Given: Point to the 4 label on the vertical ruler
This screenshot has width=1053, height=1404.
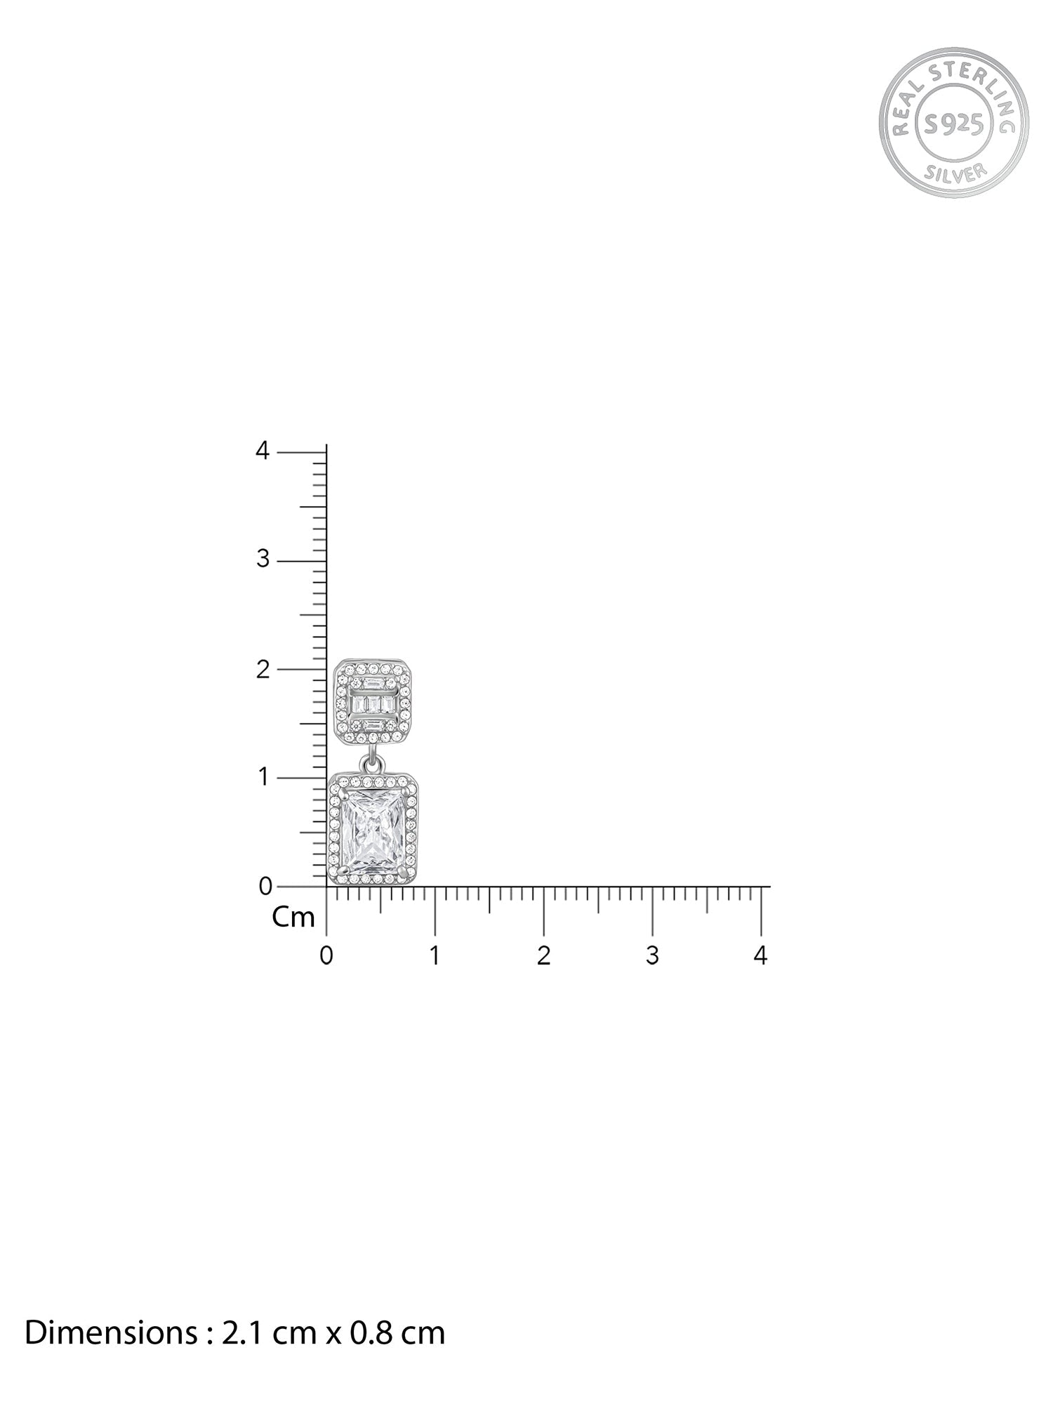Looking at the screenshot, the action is [263, 451].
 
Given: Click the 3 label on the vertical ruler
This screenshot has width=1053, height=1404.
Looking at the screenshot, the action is [263, 559].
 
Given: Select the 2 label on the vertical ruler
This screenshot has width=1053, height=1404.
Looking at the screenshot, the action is [263, 669].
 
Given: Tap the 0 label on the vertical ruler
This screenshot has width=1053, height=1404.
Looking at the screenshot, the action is [265, 887].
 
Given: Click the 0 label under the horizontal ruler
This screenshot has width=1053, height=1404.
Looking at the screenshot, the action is [326, 956].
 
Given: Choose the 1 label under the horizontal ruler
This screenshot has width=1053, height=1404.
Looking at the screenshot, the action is [435, 956].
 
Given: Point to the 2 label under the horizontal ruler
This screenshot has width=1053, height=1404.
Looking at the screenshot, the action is [543, 956].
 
